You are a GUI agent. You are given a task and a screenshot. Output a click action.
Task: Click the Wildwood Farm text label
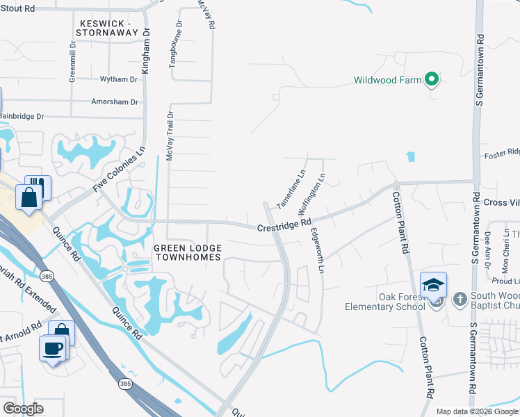[x=387, y=80]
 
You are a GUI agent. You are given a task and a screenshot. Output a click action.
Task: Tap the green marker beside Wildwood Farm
[x=432, y=80]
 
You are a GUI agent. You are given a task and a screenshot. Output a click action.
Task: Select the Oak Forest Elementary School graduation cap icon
[x=433, y=285]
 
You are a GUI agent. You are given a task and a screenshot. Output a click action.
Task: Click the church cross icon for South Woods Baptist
[x=459, y=300]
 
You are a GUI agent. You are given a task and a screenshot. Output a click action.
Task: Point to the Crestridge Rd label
[x=284, y=226]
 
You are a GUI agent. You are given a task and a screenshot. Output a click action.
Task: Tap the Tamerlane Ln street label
[x=291, y=190]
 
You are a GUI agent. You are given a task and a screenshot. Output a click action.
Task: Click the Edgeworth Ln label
[x=317, y=250]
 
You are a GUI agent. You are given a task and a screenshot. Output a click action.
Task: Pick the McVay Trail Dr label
[x=169, y=135]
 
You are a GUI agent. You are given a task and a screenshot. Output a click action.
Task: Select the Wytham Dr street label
[x=119, y=80]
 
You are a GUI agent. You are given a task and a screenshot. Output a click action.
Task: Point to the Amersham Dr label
[x=115, y=101]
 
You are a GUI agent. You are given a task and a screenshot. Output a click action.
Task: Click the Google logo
[x=23, y=409]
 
